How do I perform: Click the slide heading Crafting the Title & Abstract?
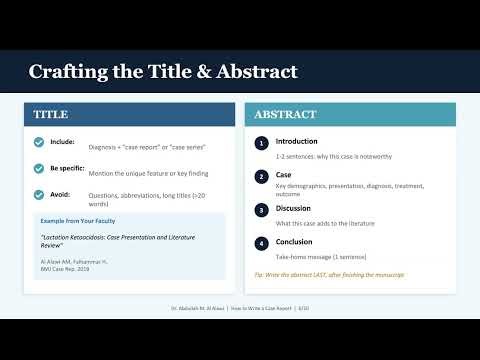162,72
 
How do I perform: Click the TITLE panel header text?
51,115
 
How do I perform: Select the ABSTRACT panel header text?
285,115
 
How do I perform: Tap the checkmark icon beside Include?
39,142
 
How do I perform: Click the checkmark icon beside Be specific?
39,168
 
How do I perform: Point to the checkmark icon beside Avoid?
39,194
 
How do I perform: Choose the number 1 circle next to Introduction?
261,143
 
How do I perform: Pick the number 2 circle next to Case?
261,176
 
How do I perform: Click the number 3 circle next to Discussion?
261,209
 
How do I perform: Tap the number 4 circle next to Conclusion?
261,242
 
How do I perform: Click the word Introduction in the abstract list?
297,141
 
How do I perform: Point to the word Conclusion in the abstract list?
296,241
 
